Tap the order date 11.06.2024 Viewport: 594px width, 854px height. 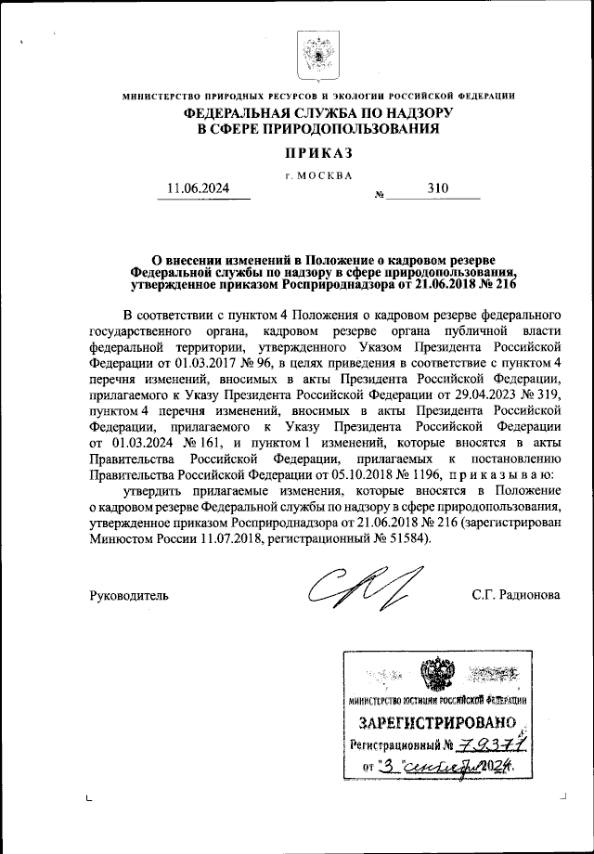(197, 188)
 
